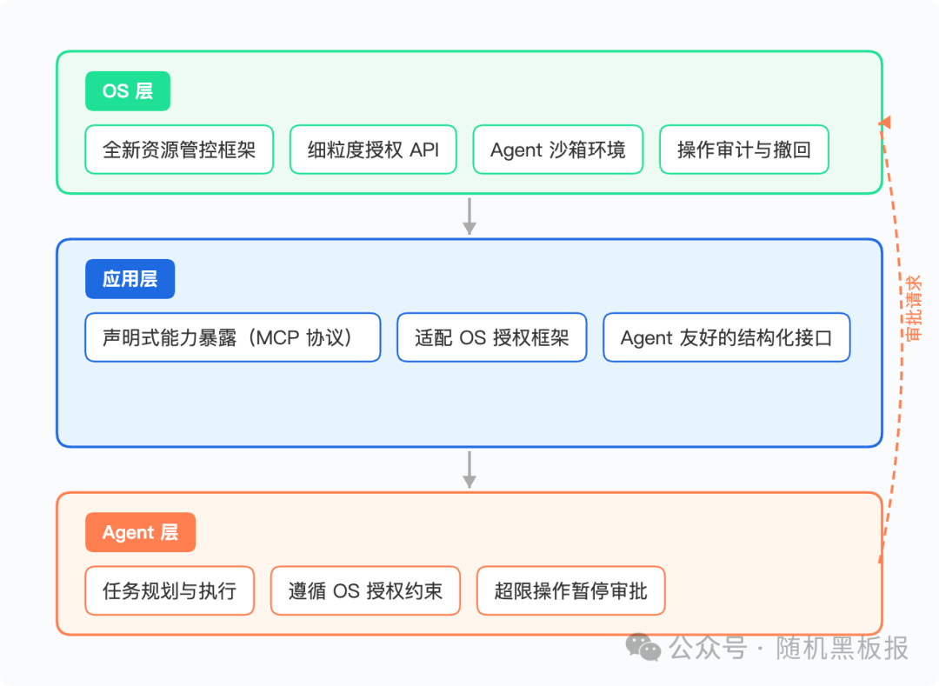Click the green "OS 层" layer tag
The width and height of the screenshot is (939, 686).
[128, 91]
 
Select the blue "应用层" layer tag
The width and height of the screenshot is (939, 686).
[130, 279]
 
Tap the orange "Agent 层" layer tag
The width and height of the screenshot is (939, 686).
[140, 532]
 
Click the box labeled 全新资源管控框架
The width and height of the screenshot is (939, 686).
[179, 150]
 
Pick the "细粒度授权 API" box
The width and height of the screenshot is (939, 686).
[373, 150]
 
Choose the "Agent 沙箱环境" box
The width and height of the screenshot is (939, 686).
[557, 150]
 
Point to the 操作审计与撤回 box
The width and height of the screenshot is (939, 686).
[744, 150]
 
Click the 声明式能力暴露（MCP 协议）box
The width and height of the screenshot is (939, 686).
[232, 337]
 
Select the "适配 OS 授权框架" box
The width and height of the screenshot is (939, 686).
[491, 337]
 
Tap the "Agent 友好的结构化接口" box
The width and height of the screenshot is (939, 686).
[726, 337]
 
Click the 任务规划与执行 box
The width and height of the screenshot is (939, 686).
[170, 591]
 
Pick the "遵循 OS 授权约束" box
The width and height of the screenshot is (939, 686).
[365, 591]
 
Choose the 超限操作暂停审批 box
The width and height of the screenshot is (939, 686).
[570, 591]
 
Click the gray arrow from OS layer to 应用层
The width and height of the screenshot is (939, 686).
[469, 216]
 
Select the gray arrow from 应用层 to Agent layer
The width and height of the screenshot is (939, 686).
[469, 470]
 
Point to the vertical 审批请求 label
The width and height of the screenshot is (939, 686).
[913, 308]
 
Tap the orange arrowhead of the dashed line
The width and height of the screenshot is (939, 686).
[885, 123]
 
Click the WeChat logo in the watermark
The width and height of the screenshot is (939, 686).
[644, 647]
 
